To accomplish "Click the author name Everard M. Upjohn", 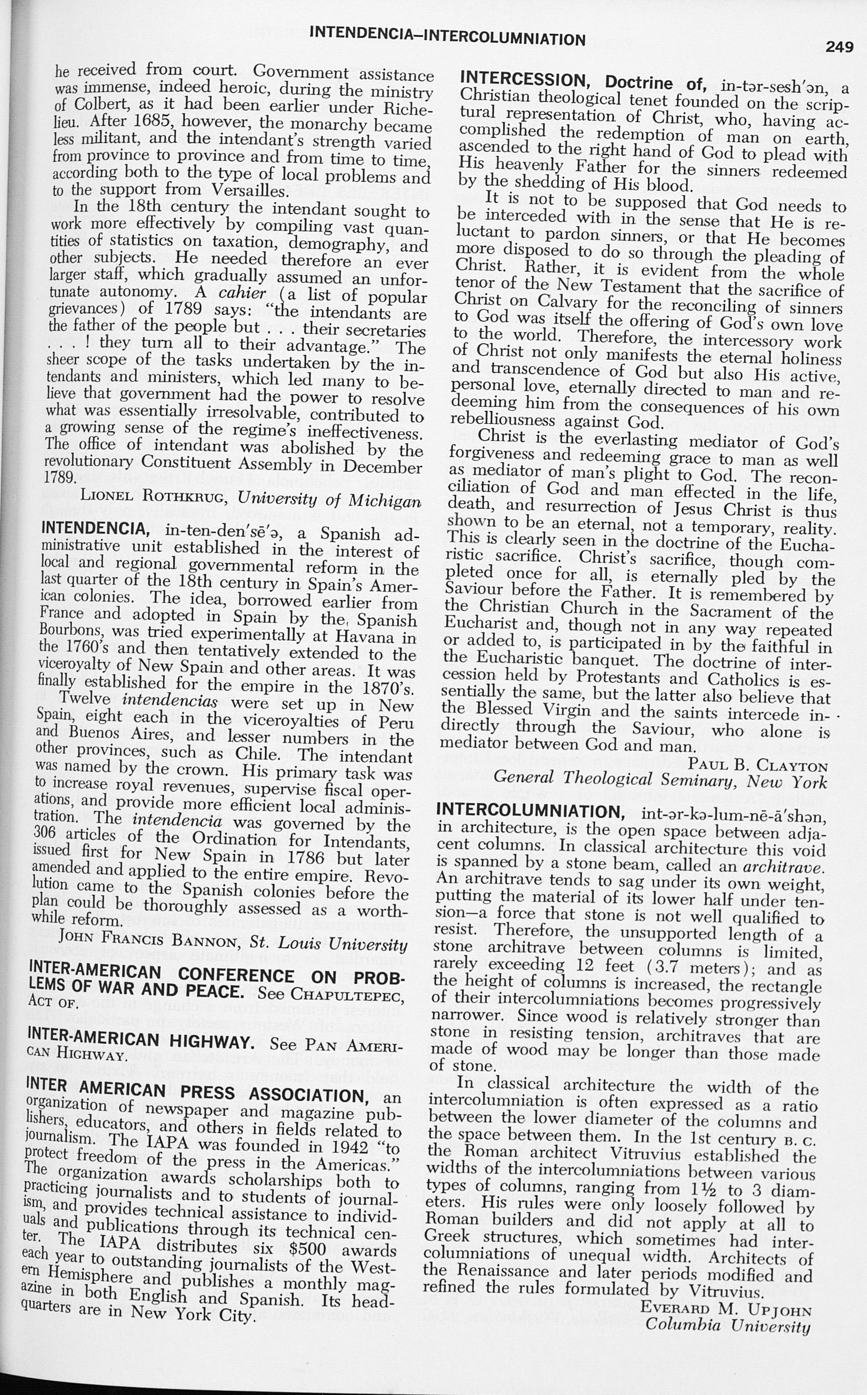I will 726,1308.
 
